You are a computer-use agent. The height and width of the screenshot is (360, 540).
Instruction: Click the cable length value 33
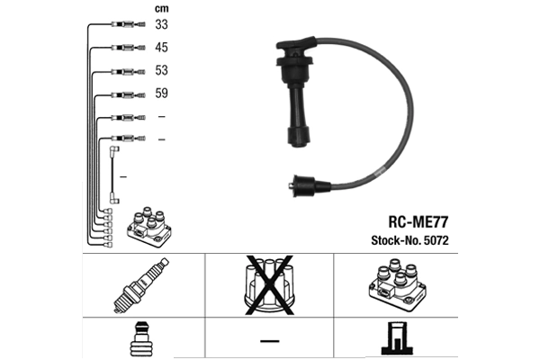pos(161,24)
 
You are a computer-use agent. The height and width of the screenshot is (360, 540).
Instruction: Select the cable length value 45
pos(161,47)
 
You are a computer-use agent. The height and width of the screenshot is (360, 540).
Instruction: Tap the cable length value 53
pos(161,70)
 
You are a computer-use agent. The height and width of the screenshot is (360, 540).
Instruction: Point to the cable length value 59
pos(161,93)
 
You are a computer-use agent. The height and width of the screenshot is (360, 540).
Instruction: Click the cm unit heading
pos(161,9)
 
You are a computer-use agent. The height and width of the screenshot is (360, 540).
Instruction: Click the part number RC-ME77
pos(418,222)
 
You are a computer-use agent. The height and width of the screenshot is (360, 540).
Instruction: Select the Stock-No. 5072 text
pos(409,240)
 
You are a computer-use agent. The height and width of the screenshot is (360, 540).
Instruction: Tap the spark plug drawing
pos(141,285)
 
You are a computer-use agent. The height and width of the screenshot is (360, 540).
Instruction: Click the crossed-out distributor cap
pos(269,285)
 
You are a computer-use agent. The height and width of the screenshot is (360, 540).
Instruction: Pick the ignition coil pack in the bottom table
pos(398,285)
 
